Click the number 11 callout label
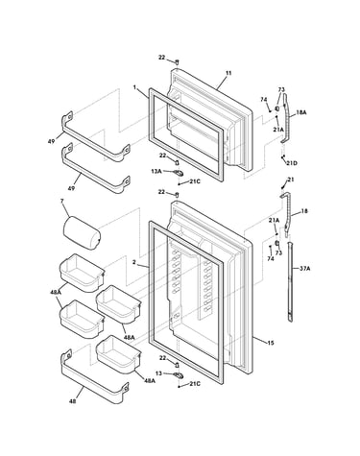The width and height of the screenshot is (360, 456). pos(228,73)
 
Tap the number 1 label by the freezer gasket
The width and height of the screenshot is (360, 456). pos(134,86)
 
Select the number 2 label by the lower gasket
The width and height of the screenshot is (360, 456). pos(134,262)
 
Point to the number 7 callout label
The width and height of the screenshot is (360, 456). pos(62,201)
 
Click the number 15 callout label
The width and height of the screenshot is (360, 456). pos(271,343)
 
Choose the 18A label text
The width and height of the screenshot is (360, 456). pos(300,112)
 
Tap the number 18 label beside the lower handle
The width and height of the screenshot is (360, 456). pos(304,211)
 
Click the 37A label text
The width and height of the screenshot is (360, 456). pos(304,269)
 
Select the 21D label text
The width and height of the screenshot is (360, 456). pos(292,163)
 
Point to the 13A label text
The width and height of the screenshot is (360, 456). pos(156,171)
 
